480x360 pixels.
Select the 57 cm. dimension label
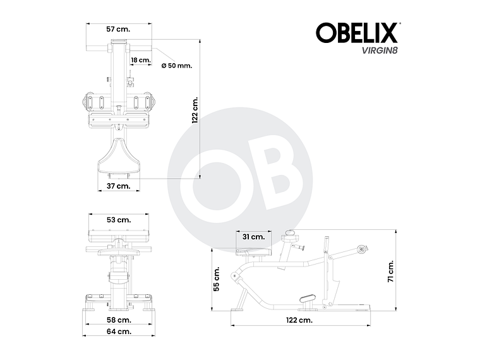point(118,29)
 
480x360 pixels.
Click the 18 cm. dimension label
point(140,60)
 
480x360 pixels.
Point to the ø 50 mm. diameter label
point(176,65)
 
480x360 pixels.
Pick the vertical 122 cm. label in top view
point(196,110)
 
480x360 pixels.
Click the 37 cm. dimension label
point(118,186)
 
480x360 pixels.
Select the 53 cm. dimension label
point(119,220)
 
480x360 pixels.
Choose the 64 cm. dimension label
point(119,331)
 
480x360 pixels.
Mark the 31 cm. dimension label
point(253,237)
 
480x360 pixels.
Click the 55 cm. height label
point(217,279)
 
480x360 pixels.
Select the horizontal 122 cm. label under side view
point(299,320)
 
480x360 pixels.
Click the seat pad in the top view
point(118,157)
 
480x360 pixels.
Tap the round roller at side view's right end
point(361,249)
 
